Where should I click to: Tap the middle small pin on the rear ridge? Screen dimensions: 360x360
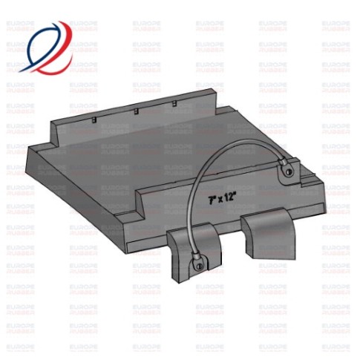point(136,111)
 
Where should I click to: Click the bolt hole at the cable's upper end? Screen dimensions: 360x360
point(287,174)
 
